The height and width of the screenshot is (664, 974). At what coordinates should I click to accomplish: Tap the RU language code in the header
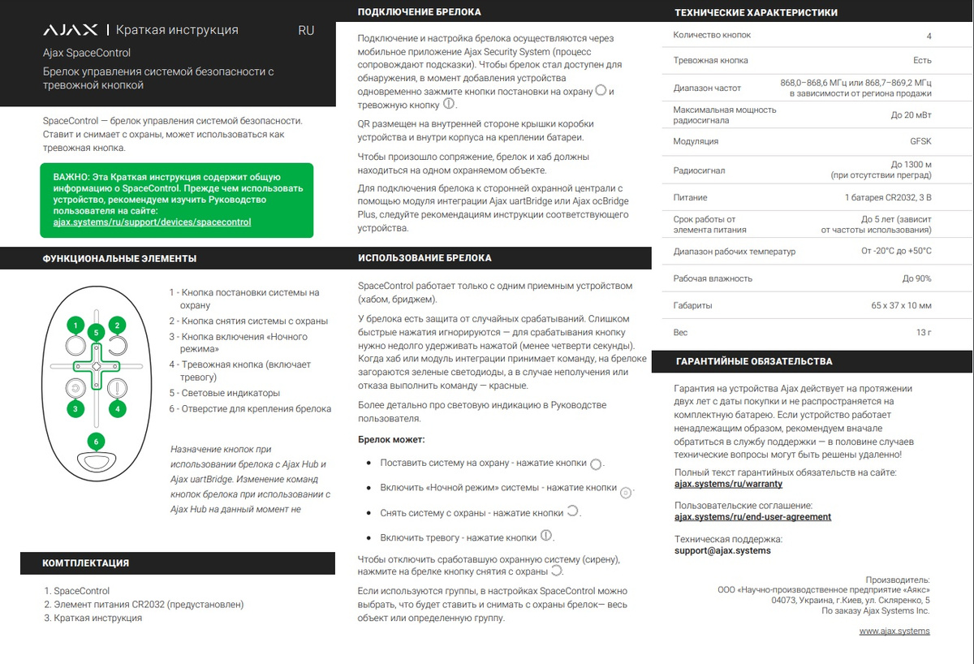tap(306, 30)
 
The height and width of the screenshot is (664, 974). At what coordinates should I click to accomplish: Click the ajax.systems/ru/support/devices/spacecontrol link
tap(152, 222)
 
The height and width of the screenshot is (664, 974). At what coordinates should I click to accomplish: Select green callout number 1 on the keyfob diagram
tap(75, 326)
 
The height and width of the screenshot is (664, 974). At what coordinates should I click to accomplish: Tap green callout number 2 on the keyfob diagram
tap(118, 326)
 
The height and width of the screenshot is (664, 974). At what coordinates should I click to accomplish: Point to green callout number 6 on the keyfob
tap(97, 442)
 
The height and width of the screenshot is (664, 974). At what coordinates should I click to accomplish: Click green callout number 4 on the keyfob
tap(118, 409)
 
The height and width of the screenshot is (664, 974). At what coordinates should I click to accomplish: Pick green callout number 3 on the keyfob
tap(75, 409)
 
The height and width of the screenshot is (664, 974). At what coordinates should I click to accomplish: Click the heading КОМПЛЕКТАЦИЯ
tap(85, 563)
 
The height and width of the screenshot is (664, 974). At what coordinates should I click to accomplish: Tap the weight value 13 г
tap(924, 333)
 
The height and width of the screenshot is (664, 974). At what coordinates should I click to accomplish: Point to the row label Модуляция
tap(696, 141)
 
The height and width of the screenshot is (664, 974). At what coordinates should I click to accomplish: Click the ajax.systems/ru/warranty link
tap(728, 484)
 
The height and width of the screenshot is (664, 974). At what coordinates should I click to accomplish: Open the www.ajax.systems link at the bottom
tap(894, 631)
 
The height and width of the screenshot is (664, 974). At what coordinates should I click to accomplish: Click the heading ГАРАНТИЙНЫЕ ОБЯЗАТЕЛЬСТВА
tap(753, 361)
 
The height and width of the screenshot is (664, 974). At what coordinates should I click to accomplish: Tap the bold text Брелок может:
tap(391, 439)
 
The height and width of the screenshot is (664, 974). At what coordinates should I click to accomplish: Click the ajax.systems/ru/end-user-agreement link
tap(752, 516)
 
